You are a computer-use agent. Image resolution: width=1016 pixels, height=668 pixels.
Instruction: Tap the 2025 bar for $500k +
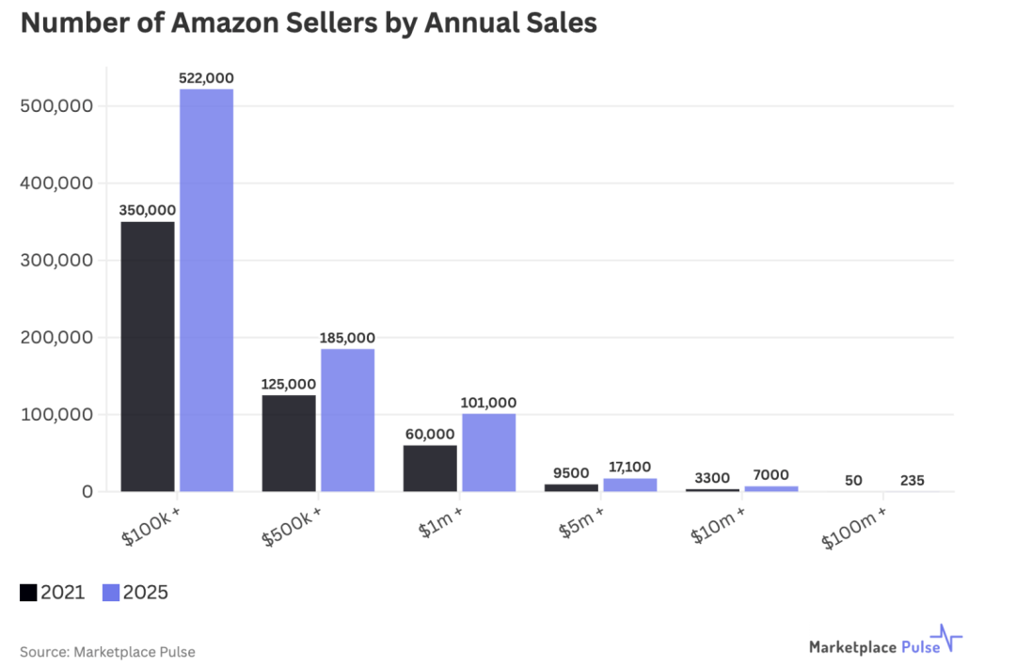click(347, 420)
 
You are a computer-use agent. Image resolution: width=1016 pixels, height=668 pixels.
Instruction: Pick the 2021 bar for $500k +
click(289, 442)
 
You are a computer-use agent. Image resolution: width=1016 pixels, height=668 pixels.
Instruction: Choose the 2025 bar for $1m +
click(488, 452)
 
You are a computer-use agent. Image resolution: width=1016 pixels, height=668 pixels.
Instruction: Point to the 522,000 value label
click(206, 78)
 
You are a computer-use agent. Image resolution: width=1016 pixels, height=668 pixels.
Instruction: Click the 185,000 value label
click(347, 338)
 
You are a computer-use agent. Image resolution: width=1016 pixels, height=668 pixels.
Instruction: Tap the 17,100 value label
click(629, 467)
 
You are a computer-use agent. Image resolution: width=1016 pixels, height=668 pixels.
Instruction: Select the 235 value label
click(912, 480)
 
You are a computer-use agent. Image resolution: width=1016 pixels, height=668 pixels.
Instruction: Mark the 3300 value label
click(712, 477)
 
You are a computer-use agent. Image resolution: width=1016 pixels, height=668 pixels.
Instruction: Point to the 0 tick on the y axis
click(87, 491)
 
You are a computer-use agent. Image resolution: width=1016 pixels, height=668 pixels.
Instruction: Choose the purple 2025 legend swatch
click(111, 593)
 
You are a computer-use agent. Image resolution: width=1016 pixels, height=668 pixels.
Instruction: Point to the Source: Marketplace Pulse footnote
click(107, 651)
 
